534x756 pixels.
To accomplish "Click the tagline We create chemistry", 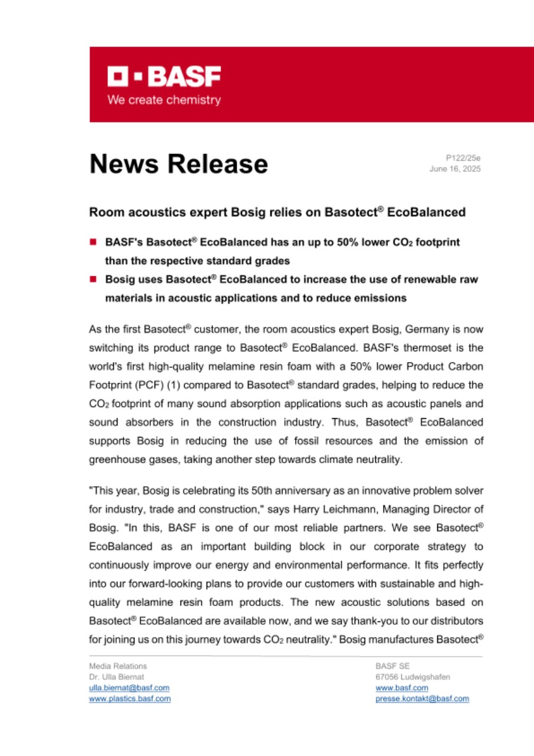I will [164, 100].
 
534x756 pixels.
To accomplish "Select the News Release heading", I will [179, 164].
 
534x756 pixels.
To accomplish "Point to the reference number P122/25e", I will [463, 158].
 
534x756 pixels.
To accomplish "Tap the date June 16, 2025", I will [455, 169].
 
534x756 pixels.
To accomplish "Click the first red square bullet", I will [93, 242].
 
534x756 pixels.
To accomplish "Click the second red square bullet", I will [93, 279].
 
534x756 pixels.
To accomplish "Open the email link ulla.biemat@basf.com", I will [129, 688].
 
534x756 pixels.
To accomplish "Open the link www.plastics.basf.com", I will [130, 699].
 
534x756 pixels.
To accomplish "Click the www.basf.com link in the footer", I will [402, 688].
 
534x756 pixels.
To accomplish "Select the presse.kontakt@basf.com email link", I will [422, 699].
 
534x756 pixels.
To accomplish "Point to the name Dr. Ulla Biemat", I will [116, 677].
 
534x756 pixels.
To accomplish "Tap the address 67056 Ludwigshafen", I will [412, 677].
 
